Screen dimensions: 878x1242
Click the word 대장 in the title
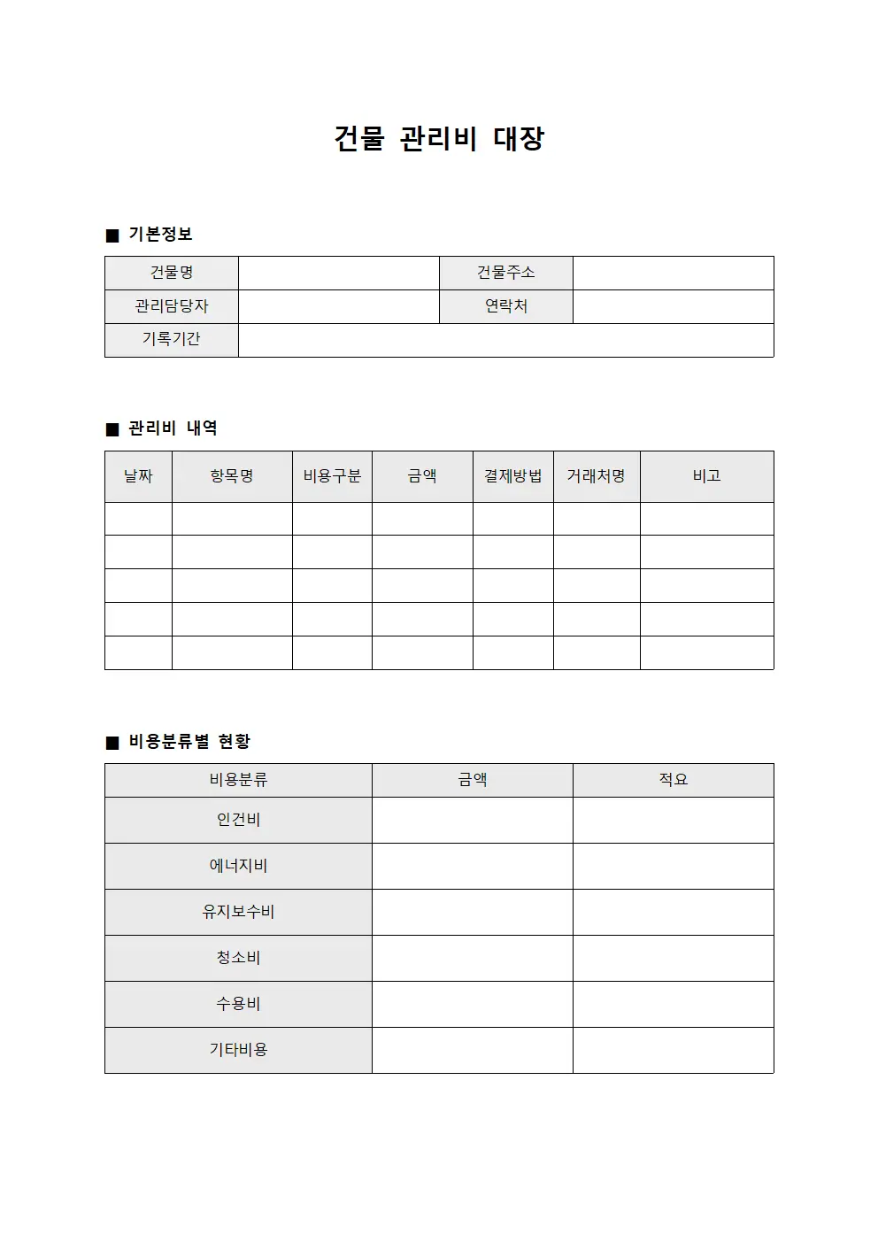[519, 139]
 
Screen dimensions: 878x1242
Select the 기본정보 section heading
[160, 235]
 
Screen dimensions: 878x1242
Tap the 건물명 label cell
[172, 273]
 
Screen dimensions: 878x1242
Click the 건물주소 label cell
[506, 273]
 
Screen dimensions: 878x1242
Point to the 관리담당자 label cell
[172, 306]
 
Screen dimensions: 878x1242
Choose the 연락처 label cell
[506, 306]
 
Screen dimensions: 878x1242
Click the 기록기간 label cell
[172, 340]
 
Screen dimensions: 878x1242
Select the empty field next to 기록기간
[506, 340]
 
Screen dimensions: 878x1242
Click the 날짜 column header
[138, 476]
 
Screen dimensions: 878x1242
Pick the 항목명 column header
[232, 476]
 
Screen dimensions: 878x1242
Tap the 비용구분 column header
[332, 476]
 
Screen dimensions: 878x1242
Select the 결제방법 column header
[513, 476]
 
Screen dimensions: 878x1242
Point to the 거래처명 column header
[597, 476]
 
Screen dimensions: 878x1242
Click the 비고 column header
[707, 476]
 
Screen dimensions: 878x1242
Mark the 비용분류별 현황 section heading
[189, 742]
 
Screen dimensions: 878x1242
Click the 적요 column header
[674, 780]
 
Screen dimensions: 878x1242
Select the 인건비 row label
[239, 820]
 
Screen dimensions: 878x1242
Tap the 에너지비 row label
[239, 866]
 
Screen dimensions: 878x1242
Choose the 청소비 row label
[239, 958]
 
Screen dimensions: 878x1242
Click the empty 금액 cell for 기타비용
[473, 1050]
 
